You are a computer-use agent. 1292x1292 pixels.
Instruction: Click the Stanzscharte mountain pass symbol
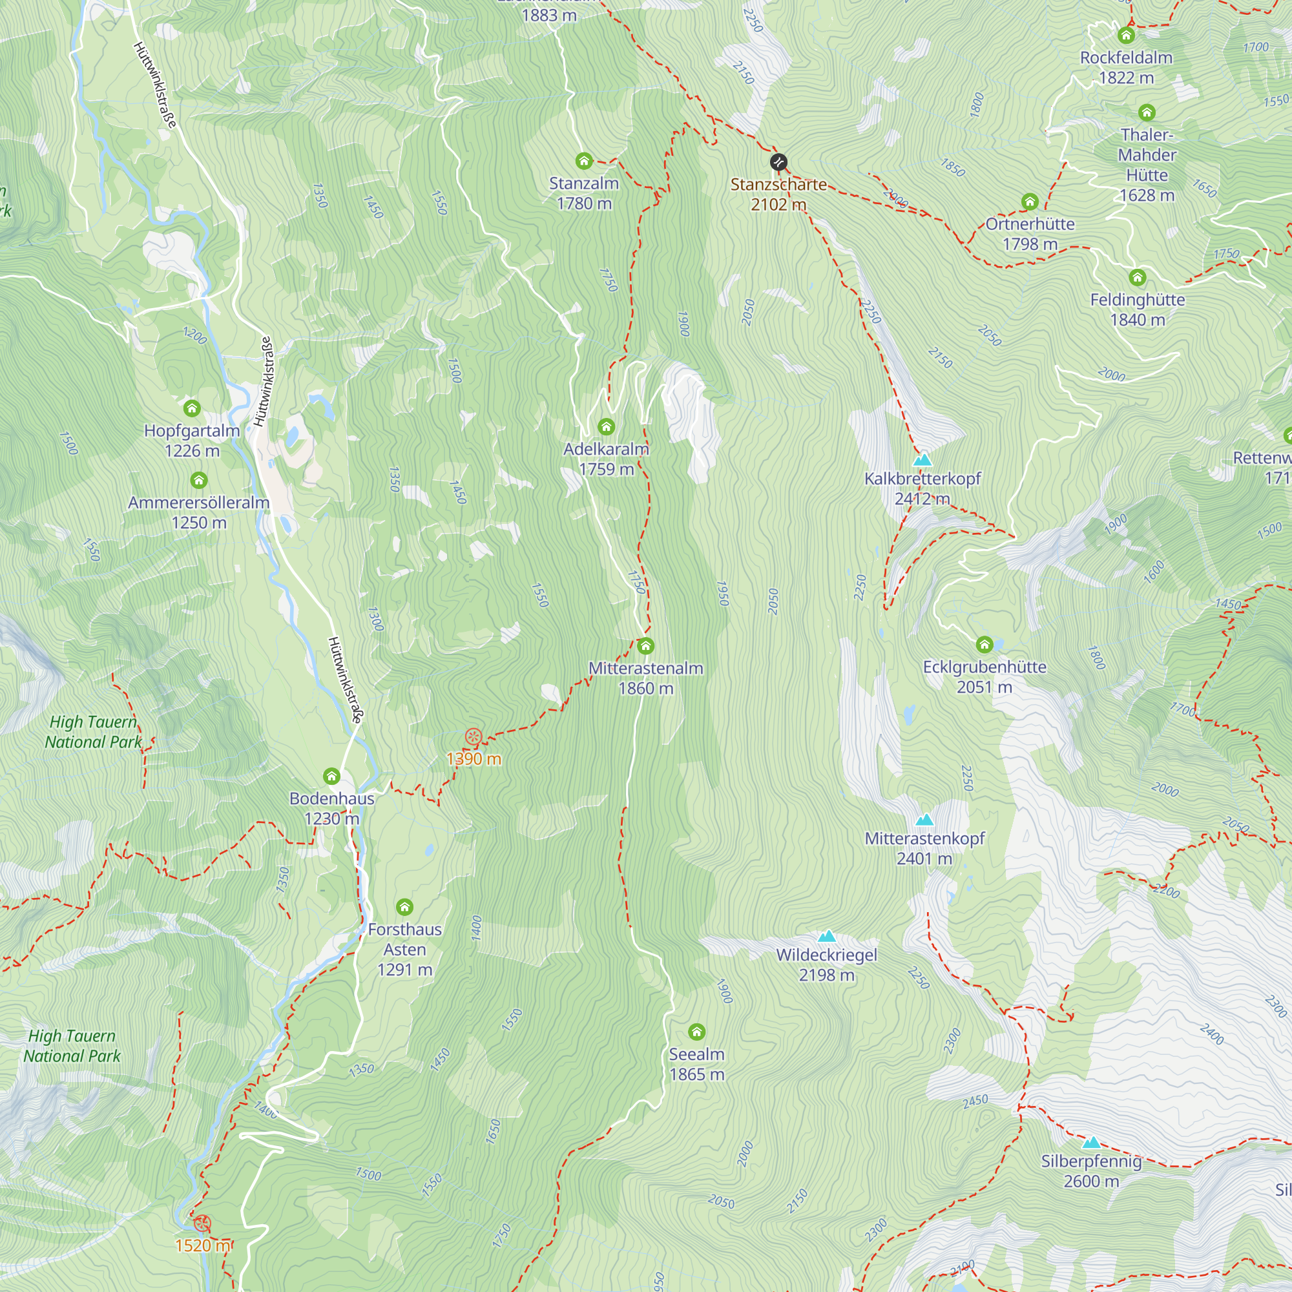click(x=778, y=162)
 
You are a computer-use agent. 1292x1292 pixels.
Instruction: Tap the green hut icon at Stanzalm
click(x=584, y=160)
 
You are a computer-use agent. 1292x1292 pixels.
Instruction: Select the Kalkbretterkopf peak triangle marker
click(x=922, y=459)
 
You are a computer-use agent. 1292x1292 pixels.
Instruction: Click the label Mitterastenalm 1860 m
click(x=645, y=678)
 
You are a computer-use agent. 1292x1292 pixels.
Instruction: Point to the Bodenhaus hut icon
click(x=331, y=776)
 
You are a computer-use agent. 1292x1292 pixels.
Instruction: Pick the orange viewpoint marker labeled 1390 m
click(x=474, y=738)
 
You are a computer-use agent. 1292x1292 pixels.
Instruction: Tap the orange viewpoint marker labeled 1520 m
click(x=202, y=1224)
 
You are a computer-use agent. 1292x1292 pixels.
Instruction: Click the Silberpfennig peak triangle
click(x=1091, y=1143)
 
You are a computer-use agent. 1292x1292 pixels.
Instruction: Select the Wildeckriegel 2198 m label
click(x=827, y=964)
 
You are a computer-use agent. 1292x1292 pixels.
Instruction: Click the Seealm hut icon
click(x=697, y=1032)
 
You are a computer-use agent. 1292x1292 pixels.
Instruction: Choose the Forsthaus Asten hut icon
click(x=404, y=907)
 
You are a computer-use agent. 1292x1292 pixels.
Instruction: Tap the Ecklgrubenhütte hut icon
click(x=984, y=645)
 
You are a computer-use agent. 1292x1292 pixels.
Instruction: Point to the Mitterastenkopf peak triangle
click(x=924, y=820)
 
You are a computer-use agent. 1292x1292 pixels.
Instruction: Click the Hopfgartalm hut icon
click(x=192, y=408)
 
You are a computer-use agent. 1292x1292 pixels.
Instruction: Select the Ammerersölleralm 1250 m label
click(x=198, y=512)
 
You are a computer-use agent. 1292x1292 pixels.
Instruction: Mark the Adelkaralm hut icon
click(x=607, y=426)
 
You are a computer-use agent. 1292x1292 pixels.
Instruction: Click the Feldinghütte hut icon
click(x=1138, y=277)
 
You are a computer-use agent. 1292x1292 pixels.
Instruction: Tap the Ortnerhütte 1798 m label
click(x=1030, y=233)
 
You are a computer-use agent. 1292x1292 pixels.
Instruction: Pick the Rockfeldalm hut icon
click(x=1126, y=35)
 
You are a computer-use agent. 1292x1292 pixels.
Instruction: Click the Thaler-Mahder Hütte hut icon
click(x=1147, y=112)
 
